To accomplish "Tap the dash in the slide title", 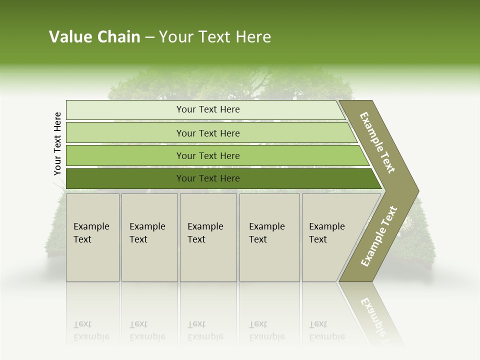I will point(149,37).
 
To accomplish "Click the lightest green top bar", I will point(205,110).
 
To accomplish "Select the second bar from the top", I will point(210,133).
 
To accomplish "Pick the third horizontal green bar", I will point(215,156).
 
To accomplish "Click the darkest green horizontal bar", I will point(220,178).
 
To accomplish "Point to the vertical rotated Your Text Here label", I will point(57,144).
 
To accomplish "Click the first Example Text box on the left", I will point(92,237).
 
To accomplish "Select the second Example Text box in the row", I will point(149,237).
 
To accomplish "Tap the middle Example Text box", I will point(208,237).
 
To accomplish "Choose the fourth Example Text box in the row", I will point(269,237).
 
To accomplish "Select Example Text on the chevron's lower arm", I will point(379,236).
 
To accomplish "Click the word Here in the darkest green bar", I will point(230,178).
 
